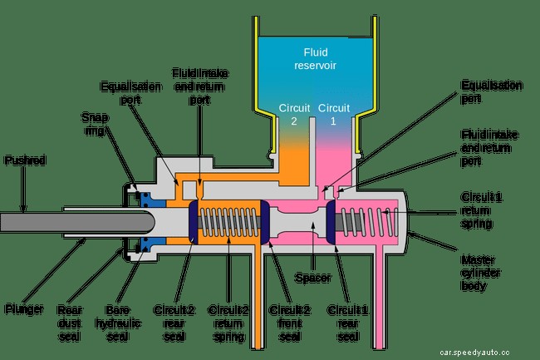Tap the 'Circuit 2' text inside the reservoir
[294, 115]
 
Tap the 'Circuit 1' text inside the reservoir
[335, 115]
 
